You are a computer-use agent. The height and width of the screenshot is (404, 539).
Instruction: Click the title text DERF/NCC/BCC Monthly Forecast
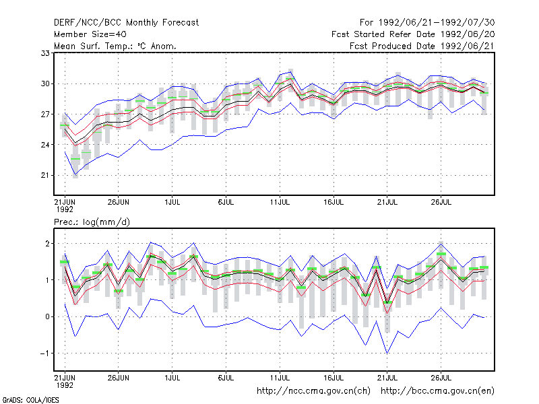[x=126, y=23]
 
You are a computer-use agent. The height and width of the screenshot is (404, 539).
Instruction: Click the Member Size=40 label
[x=90, y=34]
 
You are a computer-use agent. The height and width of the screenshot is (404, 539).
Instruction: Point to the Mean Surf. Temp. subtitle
[x=115, y=46]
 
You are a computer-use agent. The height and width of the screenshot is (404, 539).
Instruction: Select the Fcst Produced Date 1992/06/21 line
[x=422, y=46]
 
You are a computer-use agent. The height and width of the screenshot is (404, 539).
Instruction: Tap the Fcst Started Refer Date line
[x=413, y=34]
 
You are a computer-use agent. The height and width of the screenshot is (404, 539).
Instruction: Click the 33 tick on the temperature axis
[x=45, y=53]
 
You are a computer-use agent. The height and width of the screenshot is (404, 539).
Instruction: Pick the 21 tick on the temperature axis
[x=45, y=176]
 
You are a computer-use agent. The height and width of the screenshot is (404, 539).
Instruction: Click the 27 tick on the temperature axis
[x=45, y=114]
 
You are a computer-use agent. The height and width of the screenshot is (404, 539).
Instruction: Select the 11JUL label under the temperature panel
[x=280, y=202]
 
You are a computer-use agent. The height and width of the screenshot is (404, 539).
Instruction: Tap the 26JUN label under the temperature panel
[x=119, y=202]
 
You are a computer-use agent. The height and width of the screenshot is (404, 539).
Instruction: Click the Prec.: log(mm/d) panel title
[x=92, y=222]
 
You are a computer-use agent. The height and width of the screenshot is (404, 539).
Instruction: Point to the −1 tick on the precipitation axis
[x=44, y=353]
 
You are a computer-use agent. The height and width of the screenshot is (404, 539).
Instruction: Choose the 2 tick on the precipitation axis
[x=47, y=244]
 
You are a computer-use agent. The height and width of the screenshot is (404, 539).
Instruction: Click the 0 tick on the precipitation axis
[x=47, y=316]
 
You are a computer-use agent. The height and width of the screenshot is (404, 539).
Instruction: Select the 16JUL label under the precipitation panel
[x=334, y=378]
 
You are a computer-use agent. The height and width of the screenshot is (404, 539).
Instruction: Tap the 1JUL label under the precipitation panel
[x=172, y=378]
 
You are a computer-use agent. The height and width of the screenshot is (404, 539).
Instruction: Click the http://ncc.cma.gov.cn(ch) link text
[x=313, y=391]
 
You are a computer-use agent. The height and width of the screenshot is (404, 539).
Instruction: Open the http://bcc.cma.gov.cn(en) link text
[x=437, y=391]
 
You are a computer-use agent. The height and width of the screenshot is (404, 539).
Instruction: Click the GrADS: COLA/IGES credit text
[x=31, y=400]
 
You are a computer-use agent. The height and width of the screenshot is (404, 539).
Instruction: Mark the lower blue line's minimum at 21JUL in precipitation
[x=387, y=353]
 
